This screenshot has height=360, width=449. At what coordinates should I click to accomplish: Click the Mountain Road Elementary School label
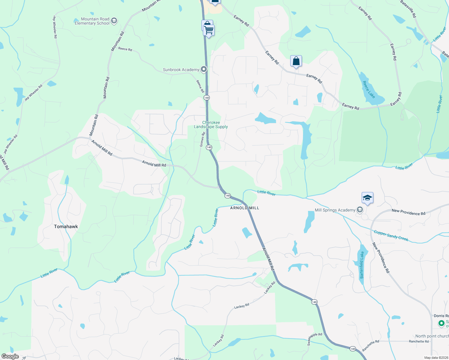92,21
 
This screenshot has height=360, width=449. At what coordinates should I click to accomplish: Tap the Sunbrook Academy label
181,70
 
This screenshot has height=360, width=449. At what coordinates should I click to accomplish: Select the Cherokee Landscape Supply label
211,125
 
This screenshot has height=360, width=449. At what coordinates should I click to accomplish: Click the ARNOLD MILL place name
245,208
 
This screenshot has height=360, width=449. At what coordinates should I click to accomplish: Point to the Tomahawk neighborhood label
66,226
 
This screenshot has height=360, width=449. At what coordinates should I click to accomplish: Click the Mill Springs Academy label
335,210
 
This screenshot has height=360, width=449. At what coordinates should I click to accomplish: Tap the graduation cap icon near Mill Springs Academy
367,198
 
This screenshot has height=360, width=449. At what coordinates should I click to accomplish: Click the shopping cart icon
209,30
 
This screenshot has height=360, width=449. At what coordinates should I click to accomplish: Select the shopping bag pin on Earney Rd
296,61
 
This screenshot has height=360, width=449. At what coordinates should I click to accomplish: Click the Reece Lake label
369,89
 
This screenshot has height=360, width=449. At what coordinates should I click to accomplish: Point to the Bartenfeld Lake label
362,265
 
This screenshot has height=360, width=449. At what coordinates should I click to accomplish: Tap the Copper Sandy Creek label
391,235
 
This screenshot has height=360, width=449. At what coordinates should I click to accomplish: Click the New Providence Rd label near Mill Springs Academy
408,212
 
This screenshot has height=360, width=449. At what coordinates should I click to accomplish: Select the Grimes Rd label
202,140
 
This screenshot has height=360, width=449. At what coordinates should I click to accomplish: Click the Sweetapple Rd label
315,339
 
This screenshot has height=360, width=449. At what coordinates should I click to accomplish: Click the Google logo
10,356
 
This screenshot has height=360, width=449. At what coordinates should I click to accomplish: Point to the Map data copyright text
436,358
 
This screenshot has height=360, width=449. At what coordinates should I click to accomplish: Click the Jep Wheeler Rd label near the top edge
55,27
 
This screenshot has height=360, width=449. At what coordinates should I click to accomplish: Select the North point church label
432,336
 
